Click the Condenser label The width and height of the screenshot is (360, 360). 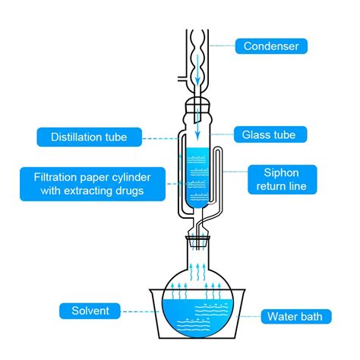[271, 46]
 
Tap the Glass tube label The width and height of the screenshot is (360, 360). [270, 134]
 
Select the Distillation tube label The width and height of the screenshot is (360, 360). [89, 137]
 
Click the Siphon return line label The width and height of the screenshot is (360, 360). [282, 179]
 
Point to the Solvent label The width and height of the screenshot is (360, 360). [90, 311]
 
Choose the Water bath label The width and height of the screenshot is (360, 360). [296, 317]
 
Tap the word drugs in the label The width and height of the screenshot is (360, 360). [130, 191]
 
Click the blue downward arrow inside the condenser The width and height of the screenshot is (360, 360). [197, 70]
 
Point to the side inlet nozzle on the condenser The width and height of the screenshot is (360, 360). [182, 78]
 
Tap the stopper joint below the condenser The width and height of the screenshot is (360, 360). [197, 106]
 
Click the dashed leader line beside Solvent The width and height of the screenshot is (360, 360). [140, 311]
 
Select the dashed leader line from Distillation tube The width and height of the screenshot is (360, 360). [160, 138]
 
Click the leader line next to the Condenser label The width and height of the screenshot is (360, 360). [222, 46]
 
